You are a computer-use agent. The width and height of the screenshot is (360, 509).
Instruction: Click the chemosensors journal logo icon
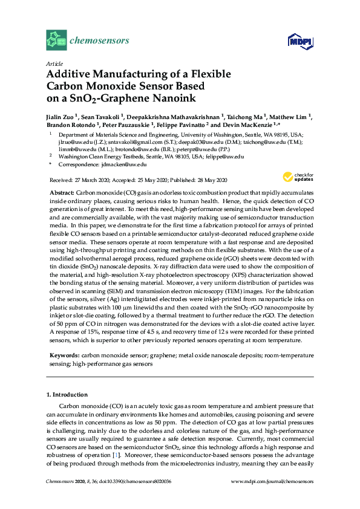(56, 41)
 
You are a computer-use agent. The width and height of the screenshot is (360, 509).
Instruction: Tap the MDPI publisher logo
(295, 41)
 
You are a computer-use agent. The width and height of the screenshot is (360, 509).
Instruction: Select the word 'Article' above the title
(54, 63)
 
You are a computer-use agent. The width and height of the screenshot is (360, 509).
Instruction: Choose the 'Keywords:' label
(64, 357)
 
